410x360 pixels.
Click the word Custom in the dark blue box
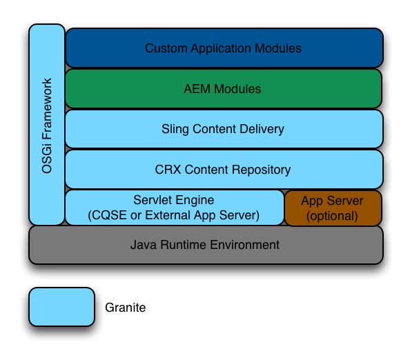tap(166, 48)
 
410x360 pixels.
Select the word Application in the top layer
tap(221, 48)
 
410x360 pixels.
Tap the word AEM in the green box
tap(197, 89)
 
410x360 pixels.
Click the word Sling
tap(175, 130)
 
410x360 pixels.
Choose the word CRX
tap(168, 170)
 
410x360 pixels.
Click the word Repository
tap(261, 170)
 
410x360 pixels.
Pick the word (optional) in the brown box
tap(332, 216)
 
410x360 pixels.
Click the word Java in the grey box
tap(144, 245)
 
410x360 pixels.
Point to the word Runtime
tap(184, 245)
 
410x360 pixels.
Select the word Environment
tap(245, 245)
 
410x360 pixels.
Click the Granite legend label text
tap(126, 308)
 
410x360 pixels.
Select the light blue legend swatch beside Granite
tap(61, 307)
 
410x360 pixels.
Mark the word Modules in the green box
tap(237, 89)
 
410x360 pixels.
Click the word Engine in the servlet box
tap(195, 201)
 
